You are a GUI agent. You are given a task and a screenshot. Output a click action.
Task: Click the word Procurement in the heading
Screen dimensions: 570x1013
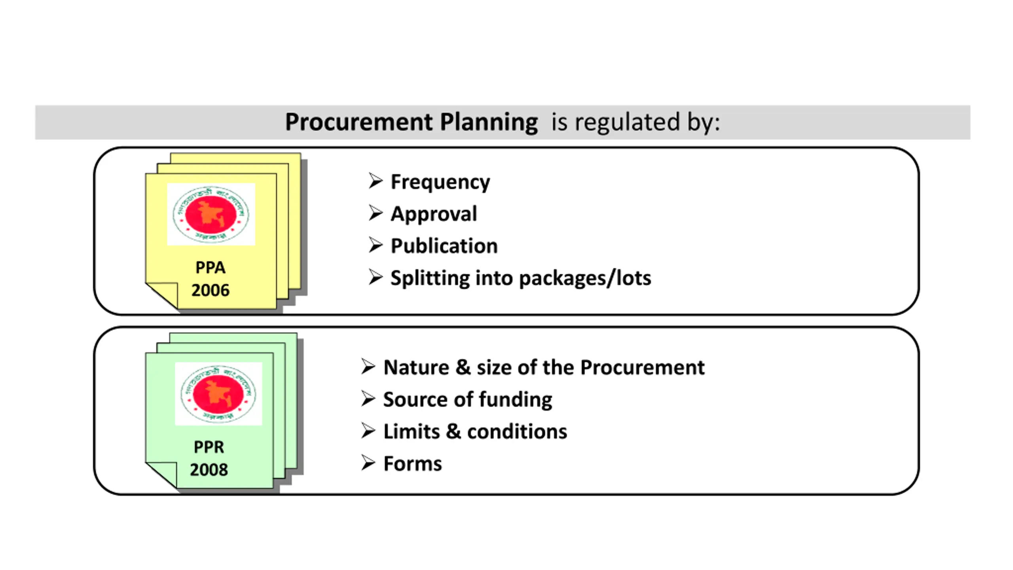pos(358,122)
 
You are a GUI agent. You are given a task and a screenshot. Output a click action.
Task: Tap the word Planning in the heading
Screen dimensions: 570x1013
pos(489,122)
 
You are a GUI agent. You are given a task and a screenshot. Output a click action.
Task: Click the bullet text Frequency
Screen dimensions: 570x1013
pos(440,182)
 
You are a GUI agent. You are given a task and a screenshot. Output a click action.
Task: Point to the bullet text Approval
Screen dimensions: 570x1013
pos(434,214)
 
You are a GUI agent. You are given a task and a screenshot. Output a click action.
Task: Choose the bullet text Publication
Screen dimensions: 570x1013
pos(444,246)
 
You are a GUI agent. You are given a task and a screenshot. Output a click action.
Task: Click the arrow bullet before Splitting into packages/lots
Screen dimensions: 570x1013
pos(375,277)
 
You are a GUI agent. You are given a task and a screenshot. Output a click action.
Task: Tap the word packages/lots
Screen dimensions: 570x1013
pos(585,278)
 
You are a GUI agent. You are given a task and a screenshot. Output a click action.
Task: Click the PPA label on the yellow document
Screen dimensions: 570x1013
pos(210,268)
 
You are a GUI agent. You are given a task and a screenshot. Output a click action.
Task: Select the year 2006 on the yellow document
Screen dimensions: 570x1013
pos(210,291)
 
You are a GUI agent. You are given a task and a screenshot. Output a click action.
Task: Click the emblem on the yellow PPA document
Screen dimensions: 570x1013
pos(211,214)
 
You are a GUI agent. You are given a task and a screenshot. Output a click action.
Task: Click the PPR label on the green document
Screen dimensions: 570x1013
pos(209,447)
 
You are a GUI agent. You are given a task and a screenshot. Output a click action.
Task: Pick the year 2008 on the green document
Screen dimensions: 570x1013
pos(209,470)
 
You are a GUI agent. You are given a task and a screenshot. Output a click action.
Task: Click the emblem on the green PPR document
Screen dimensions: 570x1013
pos(218,394)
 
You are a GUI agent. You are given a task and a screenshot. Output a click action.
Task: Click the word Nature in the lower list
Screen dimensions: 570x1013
pos(416,368)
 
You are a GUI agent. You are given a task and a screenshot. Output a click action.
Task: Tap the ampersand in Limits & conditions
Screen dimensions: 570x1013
pos(453,431)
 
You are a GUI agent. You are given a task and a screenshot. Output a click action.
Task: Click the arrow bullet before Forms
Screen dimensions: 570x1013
pos(368,463)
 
